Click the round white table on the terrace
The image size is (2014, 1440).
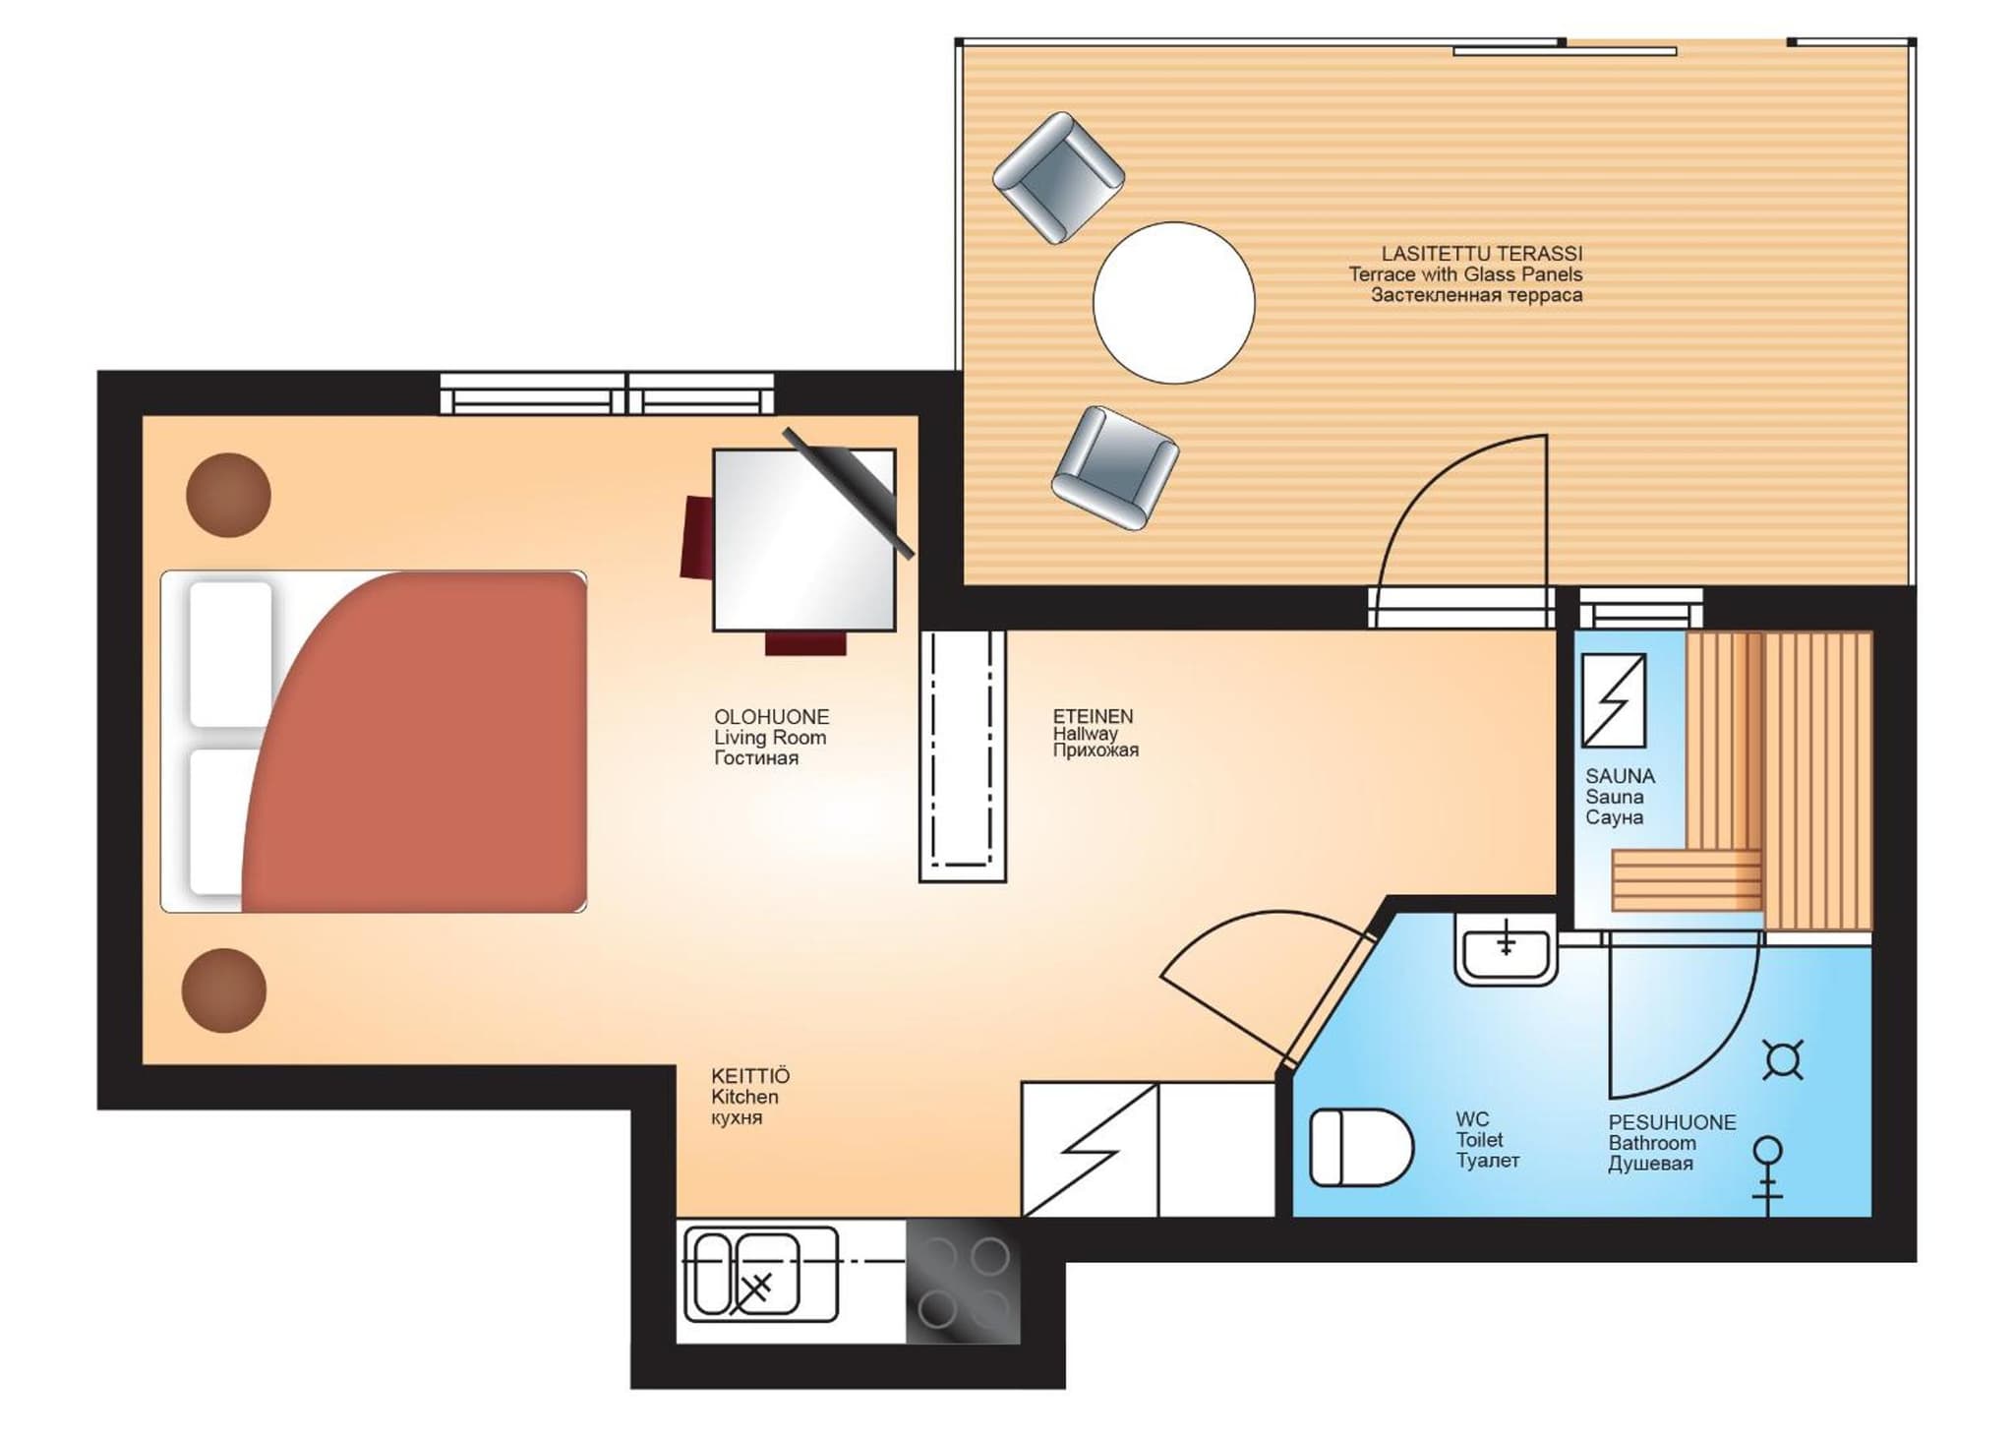click(1173, 302)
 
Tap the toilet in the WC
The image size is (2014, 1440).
click(1361, 1147)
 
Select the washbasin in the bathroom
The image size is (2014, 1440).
click(1506, 949)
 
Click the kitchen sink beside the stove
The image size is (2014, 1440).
click(760, 1274)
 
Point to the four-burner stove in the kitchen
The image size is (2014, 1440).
click(963, 1282)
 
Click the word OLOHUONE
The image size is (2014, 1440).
click(772, 717)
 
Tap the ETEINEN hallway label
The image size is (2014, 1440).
click(1093, 716)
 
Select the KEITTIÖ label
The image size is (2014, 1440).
click(750, 1076)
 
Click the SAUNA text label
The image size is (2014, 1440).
click(1620, 776)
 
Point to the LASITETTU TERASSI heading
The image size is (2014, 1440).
click(1482, 254)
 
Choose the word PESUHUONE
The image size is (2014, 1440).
click(1672, 1122)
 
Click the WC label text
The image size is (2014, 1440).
click(1472, 1119)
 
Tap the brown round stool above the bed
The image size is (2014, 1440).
click(228, 495)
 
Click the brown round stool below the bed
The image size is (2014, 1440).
click(224, 990)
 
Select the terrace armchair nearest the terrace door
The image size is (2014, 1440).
click(1115, 467)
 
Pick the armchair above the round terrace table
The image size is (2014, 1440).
click(1058, 177)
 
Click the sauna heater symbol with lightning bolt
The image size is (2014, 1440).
click(1614, 700)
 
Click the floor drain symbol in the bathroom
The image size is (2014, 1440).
click(1783, 1060)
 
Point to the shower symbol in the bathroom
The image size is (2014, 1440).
click(1768, 1175)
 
